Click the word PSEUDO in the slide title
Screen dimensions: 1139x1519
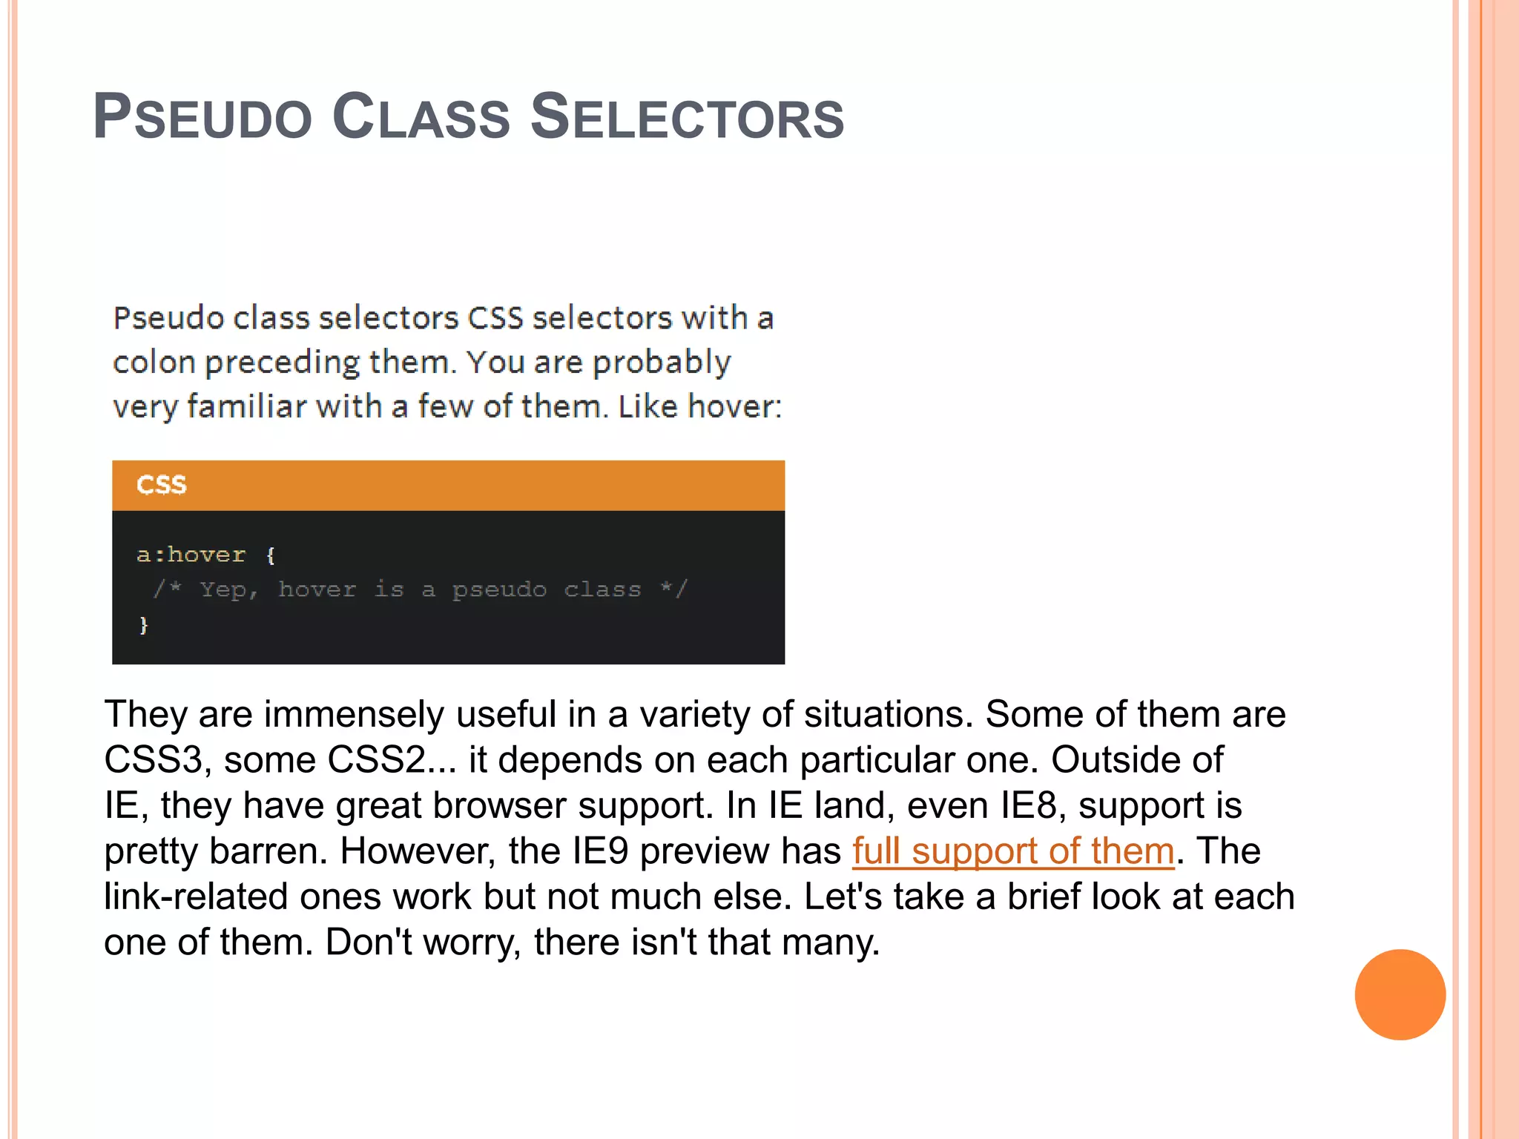point(202,117)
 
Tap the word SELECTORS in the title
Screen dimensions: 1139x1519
point(688,117)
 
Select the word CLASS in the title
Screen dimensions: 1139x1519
point(421,117)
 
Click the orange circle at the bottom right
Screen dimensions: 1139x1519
point(1400,994)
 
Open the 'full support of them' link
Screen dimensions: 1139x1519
point(1013,851)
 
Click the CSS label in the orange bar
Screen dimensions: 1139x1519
point(162,485)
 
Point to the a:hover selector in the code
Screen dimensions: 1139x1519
point(191,555)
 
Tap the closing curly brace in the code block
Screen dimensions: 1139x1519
point(144,625)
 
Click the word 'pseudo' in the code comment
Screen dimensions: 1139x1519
point(499,590)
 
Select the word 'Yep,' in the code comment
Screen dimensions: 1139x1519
point(228,590)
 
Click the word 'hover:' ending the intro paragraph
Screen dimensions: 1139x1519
point(735,406)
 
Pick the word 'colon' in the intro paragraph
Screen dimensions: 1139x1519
point(154,363)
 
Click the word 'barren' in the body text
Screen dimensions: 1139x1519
point(267,851)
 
